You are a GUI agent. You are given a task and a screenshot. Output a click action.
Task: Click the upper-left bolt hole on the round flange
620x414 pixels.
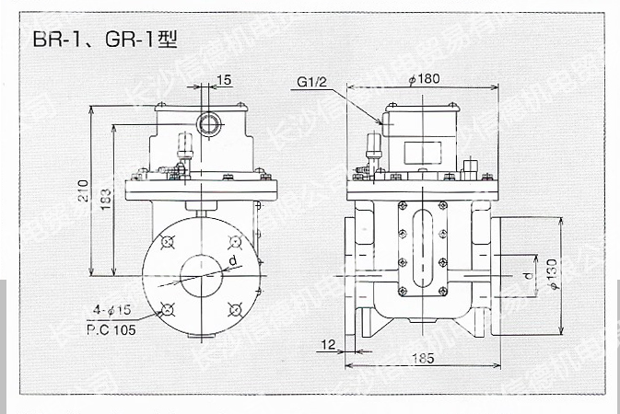[x=167, y=242]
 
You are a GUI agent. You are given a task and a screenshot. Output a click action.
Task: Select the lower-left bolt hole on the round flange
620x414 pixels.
[x=167, y=308]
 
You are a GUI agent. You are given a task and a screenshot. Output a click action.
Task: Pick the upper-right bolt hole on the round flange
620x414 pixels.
[x=233, y=242]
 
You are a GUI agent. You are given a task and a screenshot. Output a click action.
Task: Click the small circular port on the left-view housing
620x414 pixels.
[x=207, y=122]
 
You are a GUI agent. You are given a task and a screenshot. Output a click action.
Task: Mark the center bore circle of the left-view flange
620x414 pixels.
[x=200, y=275]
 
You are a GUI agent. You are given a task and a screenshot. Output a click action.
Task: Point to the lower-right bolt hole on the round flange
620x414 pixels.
[x=233, y=308]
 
